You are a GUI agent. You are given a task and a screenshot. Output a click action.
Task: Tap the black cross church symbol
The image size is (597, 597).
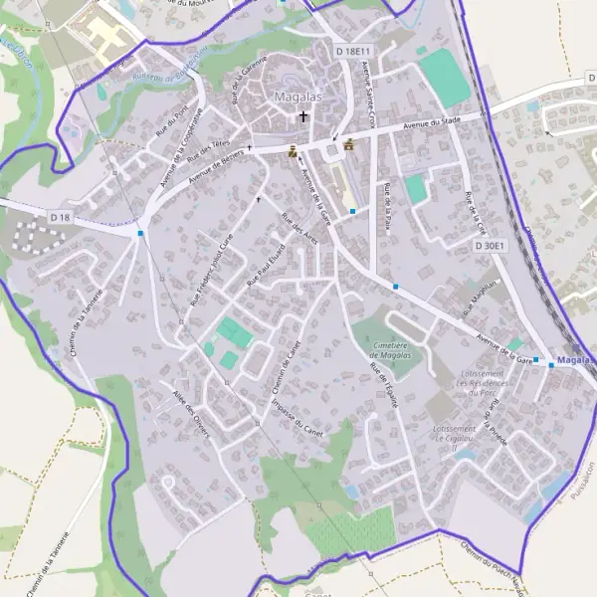click(x=303, y=116)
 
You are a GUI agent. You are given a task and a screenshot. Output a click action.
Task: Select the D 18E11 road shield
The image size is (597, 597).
click(x=353, y=51)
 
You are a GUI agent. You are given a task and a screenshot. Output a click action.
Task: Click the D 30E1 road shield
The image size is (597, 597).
click(x=491, y=245)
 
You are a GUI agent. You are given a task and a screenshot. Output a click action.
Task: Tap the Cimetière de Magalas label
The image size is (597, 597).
click(x=396, y=350)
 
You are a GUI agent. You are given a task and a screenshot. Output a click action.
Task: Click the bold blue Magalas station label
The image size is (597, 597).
click(x=576, y=360)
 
